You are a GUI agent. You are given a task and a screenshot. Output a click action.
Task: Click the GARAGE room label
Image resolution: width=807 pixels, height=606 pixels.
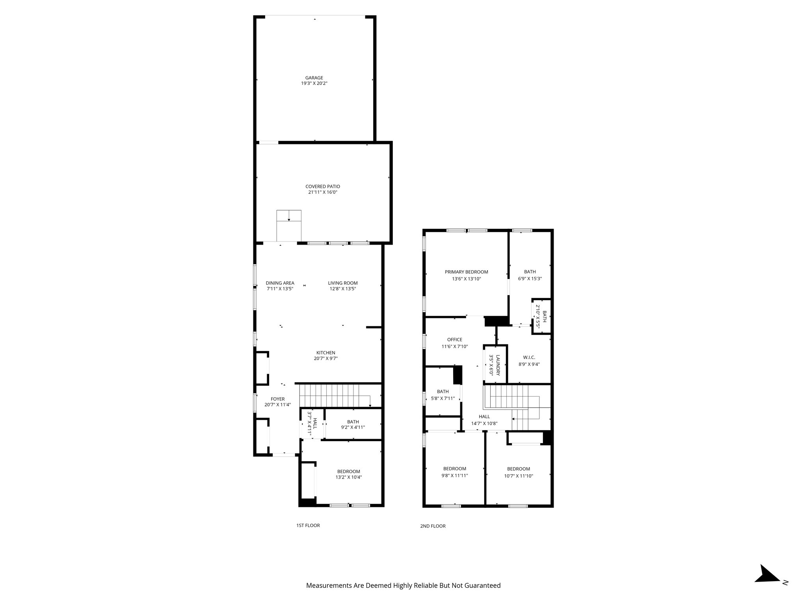tap(314, 78)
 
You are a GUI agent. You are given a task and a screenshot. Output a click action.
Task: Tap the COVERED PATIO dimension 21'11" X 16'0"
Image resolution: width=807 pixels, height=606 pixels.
tap(323, 193)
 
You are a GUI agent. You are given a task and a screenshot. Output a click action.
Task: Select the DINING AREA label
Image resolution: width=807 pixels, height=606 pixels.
tap(280, 283)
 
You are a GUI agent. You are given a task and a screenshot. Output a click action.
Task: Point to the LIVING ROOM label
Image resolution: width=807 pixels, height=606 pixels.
tap(343, 283)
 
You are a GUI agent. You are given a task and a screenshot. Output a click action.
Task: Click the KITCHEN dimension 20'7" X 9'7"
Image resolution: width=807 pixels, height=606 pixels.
tap(325, 359)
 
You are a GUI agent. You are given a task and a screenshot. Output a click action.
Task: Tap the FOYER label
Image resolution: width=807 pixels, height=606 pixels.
tap(277, 399)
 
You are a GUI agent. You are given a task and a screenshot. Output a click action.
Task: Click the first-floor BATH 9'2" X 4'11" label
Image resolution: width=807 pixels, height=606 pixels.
tap(353, 422)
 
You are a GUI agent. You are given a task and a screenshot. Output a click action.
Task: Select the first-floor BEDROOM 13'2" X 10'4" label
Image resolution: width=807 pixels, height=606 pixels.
tap(348, 471)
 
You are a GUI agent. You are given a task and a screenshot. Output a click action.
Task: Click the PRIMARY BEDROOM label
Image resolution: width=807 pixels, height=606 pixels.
tap(466, 272)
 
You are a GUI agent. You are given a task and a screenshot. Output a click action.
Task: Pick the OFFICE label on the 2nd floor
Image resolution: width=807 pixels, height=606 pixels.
tap(454, 340)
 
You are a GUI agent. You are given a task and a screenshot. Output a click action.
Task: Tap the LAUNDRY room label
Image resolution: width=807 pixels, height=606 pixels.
tap(498, 365)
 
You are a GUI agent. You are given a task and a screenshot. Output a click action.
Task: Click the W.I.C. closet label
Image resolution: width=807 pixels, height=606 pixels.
tap(529, 357)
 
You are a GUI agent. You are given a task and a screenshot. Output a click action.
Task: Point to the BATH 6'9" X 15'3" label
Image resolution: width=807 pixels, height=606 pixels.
tap(530, 272)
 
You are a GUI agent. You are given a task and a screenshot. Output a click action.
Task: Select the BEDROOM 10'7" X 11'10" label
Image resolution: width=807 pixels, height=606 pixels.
tap(518, 469)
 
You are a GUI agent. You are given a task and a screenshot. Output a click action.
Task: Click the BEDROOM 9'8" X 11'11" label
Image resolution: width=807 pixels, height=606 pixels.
tap(454, 469)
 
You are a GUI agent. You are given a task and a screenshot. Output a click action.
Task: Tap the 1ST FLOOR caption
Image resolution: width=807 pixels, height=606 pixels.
tap(308, 526)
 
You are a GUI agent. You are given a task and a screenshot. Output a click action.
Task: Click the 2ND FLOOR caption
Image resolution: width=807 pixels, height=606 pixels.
tap(433, 526)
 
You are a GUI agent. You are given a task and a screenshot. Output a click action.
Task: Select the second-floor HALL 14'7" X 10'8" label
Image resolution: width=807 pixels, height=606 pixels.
tap(484, 417)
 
